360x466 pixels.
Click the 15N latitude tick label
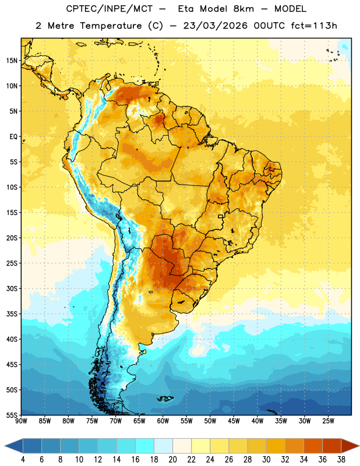[x=12, y=61]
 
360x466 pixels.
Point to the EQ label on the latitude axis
[x=13, y=137]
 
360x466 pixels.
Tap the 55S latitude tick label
[x=12, y=415]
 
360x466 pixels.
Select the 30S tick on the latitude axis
[x=12, y=288]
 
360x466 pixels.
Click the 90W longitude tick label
[x=21, y=421]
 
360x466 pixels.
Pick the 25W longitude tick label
[x=328, y=421]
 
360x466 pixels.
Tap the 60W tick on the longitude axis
[x=163, y=421]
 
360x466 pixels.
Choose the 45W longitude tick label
[x=234, y=421]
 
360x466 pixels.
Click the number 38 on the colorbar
[x=341, y=460]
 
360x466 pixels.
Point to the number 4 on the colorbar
[x=23, y=460]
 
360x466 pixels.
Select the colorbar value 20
[x=172, y=460]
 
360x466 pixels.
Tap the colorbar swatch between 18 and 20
[x=163, y=446]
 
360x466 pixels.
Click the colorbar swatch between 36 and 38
[x=332, y=446]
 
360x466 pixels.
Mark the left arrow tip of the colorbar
[x=5, y=446]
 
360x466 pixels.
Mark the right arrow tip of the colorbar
[x=359, y=446]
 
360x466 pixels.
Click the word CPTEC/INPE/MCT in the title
[x=110, y=9]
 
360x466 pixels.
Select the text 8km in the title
[x=243, y=9]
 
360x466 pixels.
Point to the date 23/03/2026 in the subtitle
[x=215, y=26]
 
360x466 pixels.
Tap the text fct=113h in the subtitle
[x=314, y=26]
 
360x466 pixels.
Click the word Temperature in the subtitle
[x=111, y=26]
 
